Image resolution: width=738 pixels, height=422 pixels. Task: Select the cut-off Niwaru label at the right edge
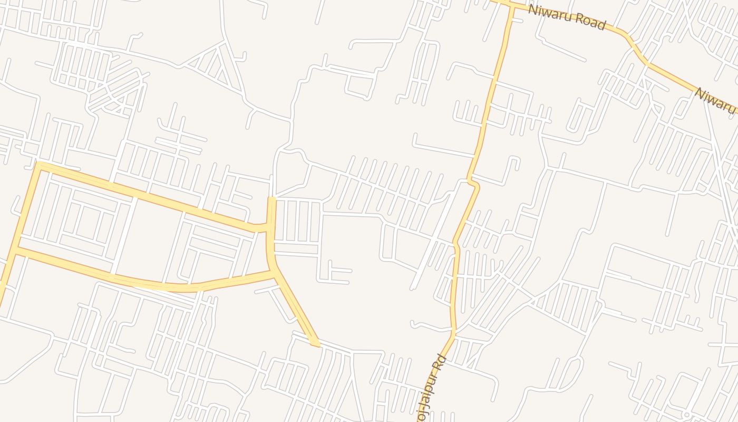click(716, 100)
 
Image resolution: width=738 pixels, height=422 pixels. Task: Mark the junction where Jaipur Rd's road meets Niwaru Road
click(511, 6)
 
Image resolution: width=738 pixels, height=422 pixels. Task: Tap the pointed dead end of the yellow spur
click(316, 346)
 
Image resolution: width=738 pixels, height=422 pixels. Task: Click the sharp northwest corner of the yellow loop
click(38, 166)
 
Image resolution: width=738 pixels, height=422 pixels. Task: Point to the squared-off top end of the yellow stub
click(272, 198)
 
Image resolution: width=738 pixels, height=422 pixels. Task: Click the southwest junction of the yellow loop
click(16, 252)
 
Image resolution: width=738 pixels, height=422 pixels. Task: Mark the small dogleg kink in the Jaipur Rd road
click(473, 183)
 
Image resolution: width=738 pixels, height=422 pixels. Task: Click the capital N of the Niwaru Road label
click(532, 10)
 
